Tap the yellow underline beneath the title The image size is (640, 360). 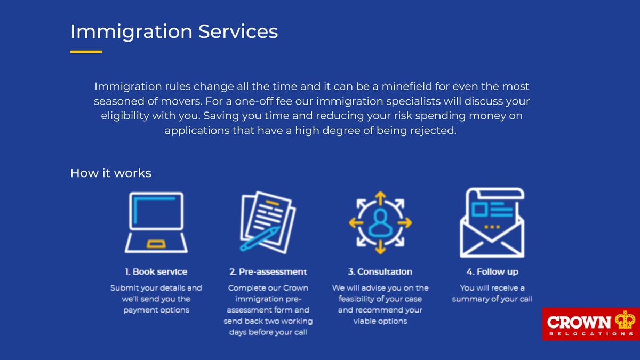pyautogui.click(x=86, y=52)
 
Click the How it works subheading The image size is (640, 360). pyautogui.click(x=110, y=173)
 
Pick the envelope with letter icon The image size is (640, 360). pyautogui.click(x=492, y=222)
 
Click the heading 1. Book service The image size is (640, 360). pyautogui.click(x=156, y=271)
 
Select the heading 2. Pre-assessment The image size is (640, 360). pyautogui.click(x=268, y=271)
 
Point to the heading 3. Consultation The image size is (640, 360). pyautogui.click(x=380, y=271)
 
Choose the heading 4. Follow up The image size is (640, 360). pyautogui.click(x=492, y=271)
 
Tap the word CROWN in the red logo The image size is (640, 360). pyautogui.click(x=579, y=322)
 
